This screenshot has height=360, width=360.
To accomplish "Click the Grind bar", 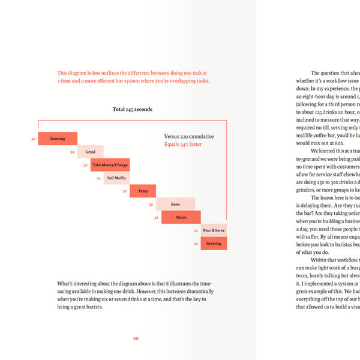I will [90, 152].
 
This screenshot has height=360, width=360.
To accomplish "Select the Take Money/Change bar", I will [110, 165].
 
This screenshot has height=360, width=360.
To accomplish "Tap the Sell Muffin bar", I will [116, 178].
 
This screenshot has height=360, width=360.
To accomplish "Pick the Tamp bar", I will [143, 191].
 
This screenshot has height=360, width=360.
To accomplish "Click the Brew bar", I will [175, 205].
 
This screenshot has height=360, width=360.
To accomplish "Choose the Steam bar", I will [181, 218].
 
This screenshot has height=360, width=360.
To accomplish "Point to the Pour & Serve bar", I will [214, 230].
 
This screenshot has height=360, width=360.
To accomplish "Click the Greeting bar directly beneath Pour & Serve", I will [214, 244].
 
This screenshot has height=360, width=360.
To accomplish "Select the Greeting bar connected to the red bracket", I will [58, 139].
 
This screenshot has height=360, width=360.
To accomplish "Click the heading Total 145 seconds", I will [132, 110].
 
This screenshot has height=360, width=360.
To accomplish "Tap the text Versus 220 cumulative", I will [189, 137].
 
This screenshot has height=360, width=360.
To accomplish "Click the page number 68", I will [136, 338].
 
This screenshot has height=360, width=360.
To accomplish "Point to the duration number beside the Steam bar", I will [156, 218].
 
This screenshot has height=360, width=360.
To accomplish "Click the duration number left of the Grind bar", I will [72, 152].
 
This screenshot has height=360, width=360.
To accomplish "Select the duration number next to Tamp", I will [124, 191].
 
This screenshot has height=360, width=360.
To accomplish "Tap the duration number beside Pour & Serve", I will [196, 230].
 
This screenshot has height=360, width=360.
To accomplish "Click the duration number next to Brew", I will [151, 205].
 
